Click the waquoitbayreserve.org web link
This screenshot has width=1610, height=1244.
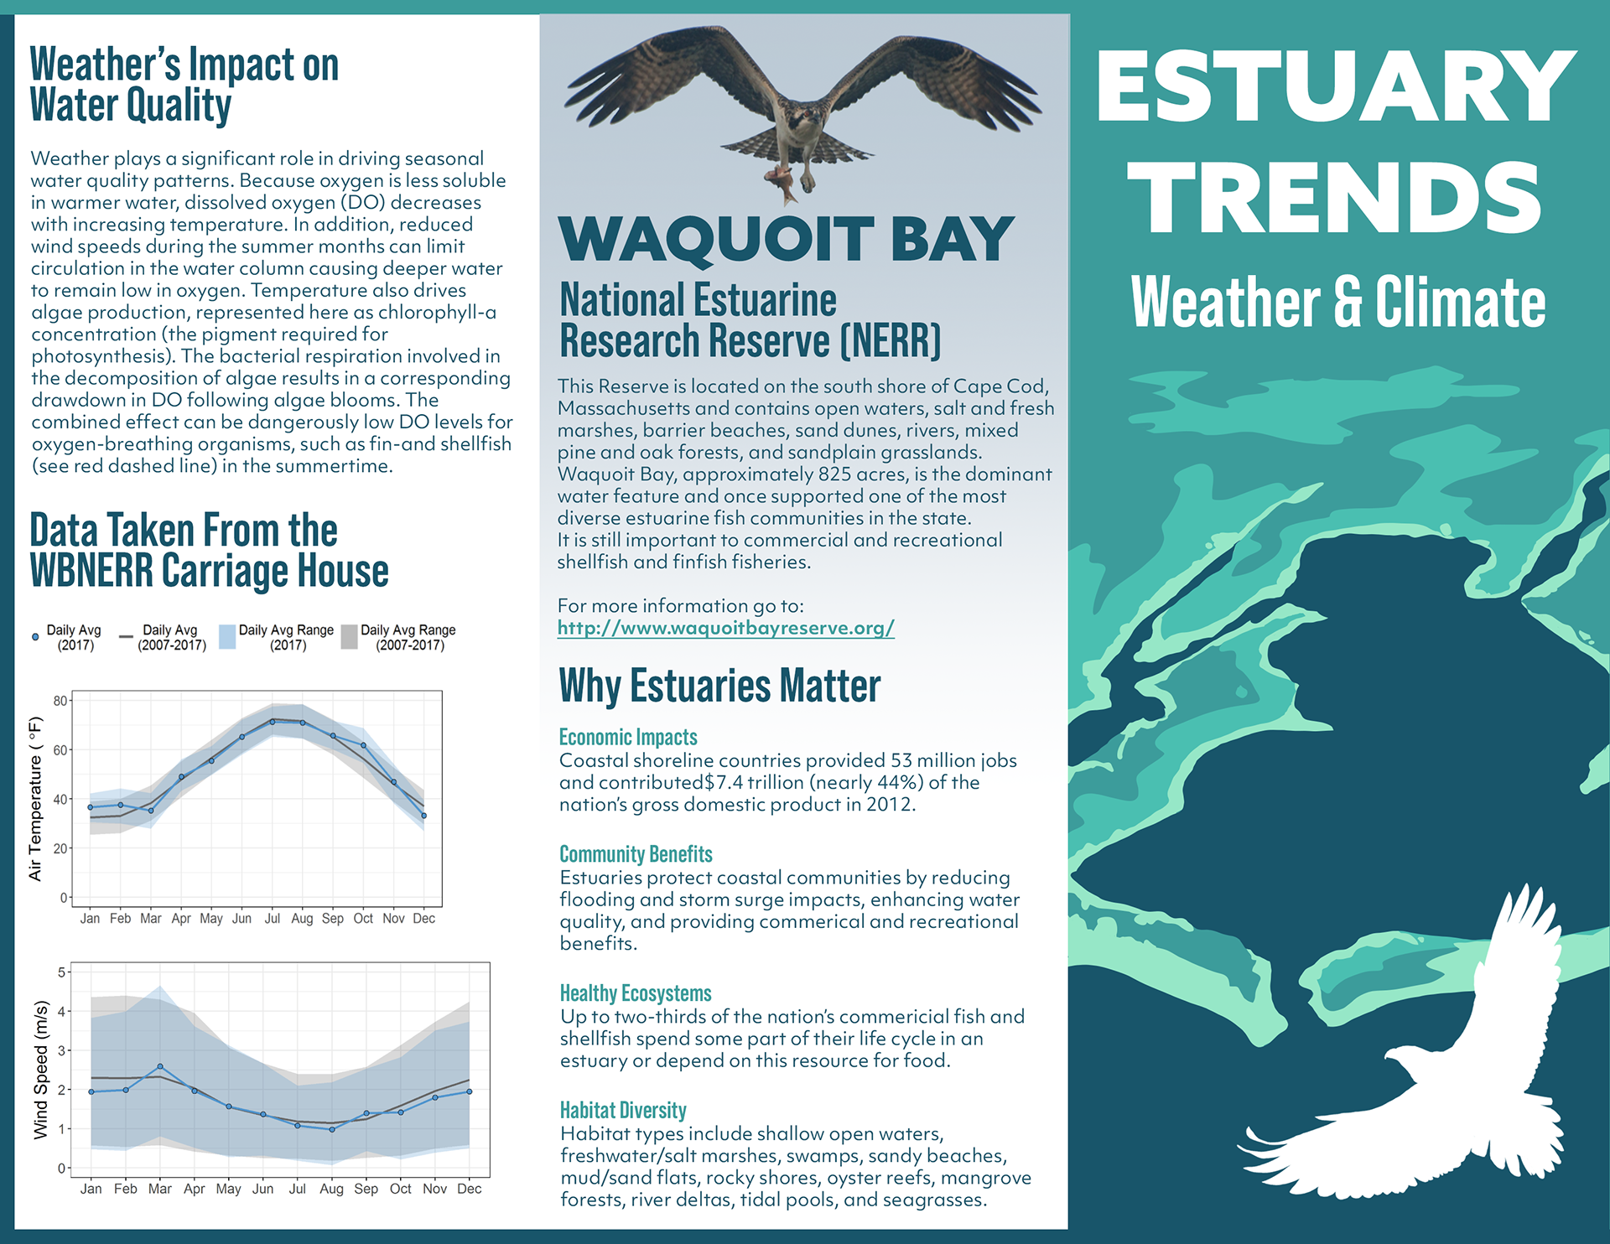tap(725, 628)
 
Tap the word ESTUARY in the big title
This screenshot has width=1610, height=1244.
tap(1336, 86)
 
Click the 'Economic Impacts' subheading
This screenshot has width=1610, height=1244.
tap(628, 737)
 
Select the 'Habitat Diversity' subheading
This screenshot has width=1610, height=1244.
tap(623, 1110)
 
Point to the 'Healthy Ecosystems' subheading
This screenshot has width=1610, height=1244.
tap(636, 993)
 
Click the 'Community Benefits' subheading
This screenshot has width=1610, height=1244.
tap(636, 854)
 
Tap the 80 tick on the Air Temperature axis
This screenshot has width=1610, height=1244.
tap(60, 701)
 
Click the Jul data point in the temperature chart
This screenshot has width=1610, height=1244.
tap(273, 722)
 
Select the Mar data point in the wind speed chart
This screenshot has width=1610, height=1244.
tap(160, 1066)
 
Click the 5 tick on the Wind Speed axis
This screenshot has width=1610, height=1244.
tap(61, 972)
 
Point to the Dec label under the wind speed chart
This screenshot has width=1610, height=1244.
tap(470, 1189)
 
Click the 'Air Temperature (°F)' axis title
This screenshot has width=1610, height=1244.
tap(35, 799)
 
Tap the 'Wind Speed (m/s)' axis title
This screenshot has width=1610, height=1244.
tap(40, 1070)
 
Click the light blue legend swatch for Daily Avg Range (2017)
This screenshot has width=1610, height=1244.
tap(227, 637)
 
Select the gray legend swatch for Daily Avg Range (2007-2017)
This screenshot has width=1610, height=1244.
tap(350, 637)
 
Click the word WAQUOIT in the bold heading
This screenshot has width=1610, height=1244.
tap(717, 239)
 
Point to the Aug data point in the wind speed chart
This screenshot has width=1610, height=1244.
tap(332, 1129)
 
